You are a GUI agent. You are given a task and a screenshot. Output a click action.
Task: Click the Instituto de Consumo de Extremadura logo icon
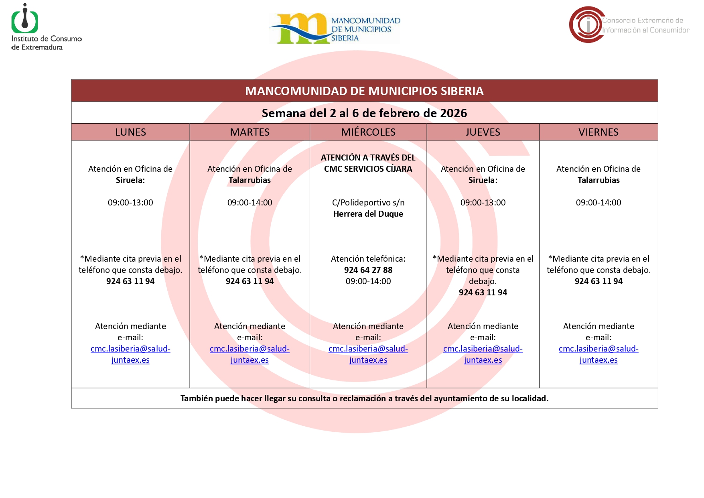click(25, 19)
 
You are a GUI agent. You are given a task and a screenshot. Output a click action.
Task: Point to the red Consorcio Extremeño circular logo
click(587, 24)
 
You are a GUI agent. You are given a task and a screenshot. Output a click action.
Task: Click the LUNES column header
click(130, 132)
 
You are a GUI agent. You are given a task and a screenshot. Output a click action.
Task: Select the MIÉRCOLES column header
click(368, 132)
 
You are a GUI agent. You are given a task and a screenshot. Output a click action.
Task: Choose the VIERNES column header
click(598, 132)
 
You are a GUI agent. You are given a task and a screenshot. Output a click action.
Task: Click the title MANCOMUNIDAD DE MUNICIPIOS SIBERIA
click(364, 91)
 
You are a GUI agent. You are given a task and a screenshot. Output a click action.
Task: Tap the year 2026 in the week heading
click(453, 113)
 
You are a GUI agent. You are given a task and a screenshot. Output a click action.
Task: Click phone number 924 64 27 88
click(368, 270)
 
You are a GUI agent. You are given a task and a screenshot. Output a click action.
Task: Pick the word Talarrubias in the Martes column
click(250, 180)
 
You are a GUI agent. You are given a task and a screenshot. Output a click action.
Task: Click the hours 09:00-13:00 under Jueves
click(483, 203)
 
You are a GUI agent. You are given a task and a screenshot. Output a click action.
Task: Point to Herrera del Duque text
click(368, 214)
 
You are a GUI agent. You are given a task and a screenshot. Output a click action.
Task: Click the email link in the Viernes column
click(598, 354)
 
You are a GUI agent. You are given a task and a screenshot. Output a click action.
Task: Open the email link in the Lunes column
click(130, 354)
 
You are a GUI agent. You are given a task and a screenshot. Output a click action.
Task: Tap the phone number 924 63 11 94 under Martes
click(250, 281)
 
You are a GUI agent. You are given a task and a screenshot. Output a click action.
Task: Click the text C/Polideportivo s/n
click(368, 203)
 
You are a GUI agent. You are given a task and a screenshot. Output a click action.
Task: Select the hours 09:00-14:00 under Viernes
click(598, 203)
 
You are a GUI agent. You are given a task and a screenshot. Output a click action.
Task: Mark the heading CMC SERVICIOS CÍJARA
click(368, 169)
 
